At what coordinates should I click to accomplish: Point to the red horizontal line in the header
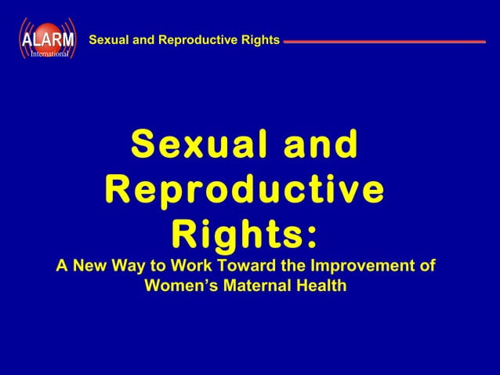384,41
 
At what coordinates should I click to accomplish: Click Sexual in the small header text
110,38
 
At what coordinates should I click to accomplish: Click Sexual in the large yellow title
196,146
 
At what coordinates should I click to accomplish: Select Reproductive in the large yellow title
244,190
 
